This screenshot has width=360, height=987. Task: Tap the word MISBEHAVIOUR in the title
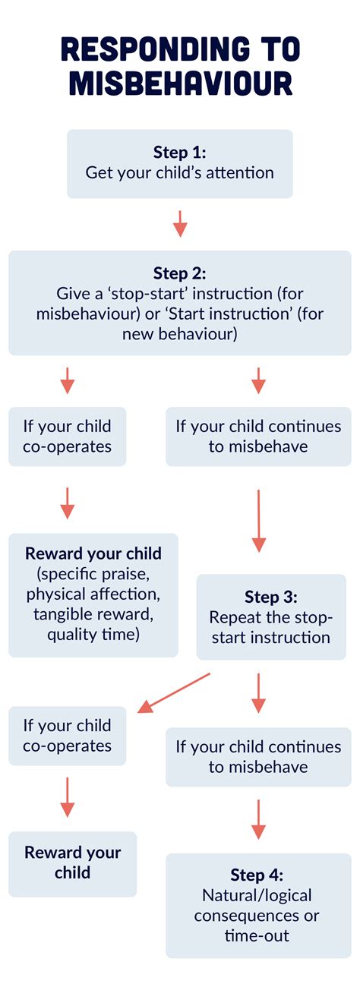pyautogui.click(x=181, y=83)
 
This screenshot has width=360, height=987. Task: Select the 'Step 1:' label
pyautogui.click(x=180, y=152)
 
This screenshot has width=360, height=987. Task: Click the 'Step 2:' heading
pyautogui.click(x=180, y=273)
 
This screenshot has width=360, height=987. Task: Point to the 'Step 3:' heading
pyautogui.click(x=271, y=597)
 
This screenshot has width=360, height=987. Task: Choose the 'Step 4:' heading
pyautogui.click(x=257, y=875)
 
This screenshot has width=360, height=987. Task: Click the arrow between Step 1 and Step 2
pyautogui.click(x=180, y=224)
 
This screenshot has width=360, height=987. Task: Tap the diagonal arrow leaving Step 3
pyautogui.click(x=174, y=692)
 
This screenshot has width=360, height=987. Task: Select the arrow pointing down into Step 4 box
pyautogui.click(x=259, y=819)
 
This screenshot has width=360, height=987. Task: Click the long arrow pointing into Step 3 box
pyautogui.click(x=259, y=521)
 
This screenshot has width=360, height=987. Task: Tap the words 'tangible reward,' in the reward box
pyautogui.click(x=93, y=614)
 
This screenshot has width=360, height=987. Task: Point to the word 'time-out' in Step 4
pyautogui.click(x=257, y=935)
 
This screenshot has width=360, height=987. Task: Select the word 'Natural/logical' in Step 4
pyautogui.click(x=257, y=895)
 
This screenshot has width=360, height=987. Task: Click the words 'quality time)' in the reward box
pyautogui.click(x=93, y=635)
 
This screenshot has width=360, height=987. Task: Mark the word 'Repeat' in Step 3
pyautogui.click(x=232, y=618)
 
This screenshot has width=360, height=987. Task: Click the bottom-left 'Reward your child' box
pyautogui.click(x=73, y=864)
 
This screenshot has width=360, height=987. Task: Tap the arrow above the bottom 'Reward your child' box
pyautogui.click(x=68, y=797)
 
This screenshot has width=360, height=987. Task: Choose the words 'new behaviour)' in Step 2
pyautogui.click(x=180, y=333)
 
